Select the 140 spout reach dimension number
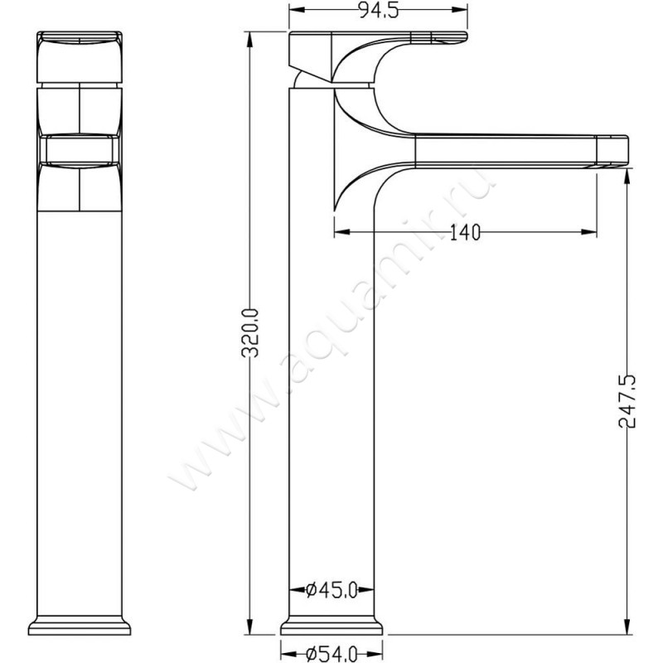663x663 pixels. pyautogui.click(x=465, y=234)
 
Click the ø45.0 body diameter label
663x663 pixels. pyautogui.click(x=331, y=590)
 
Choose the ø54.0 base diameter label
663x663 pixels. pyautogui.click(x=331, y=654)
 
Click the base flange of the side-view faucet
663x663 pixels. pyautogui.click(x=334, y=626)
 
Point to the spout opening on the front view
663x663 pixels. pyautogui.click(x=80, y=149)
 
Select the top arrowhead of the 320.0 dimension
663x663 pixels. pyautogui.click(x=249, y=38)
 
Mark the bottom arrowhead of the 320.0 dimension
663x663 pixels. pyautogui.click(x=249, y=628)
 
